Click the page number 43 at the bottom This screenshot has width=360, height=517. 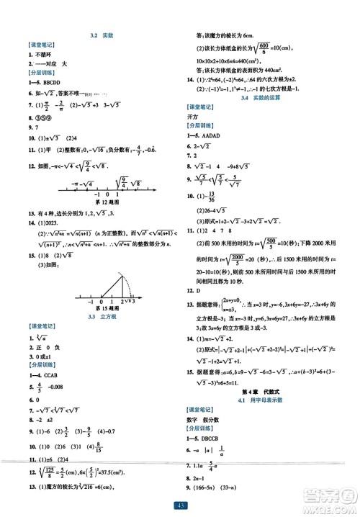click(180, 507)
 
